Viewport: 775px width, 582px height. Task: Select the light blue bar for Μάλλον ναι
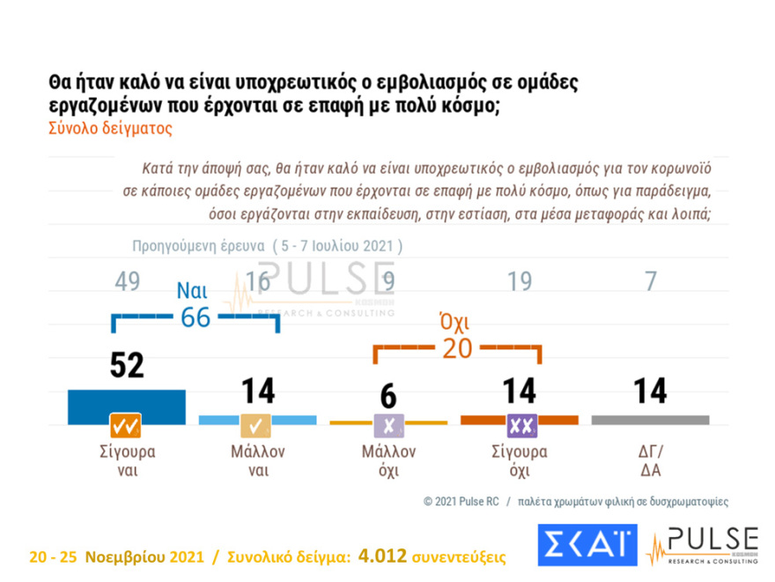[257, 419]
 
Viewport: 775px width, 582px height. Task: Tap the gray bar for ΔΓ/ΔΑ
[650, 419]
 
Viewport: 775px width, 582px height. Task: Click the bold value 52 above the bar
[127, 364]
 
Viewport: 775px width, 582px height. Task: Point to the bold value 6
[388, 392]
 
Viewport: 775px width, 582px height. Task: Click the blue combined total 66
[196, 317]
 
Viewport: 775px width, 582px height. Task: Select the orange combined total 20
[457, 349]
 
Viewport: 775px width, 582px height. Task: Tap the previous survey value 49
[128, 281]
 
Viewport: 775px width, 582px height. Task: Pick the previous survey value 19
[520, 281]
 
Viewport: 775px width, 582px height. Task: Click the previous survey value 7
[650, 281]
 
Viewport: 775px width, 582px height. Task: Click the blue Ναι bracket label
[193, 290]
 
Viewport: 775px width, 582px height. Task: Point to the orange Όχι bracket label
[454, 323]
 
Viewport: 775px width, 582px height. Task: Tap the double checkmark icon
[126, 426]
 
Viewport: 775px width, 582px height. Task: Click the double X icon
[521, 426]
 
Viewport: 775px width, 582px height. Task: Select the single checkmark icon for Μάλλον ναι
[257, 426]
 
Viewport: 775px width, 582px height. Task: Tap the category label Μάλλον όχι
[388, 460]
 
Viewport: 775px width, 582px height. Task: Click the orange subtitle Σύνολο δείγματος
[110, 128]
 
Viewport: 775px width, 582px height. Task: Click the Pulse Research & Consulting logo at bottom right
[702, 546]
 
